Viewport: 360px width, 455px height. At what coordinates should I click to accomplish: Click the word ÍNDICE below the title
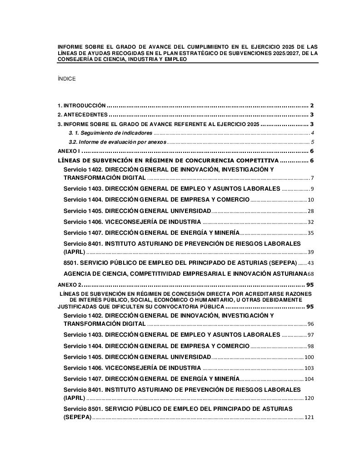pyautogui.click(x=66, y=79)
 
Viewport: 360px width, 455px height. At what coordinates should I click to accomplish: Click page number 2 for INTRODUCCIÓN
pyautogui.click(x=312, y=104)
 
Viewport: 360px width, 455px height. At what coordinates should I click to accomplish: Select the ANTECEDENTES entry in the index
pyautogui.click(x=82, y=114)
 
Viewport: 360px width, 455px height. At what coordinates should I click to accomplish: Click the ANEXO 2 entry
pyautogui.click(x=70, y=284)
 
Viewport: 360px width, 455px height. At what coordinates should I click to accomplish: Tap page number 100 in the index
pyautogui.click(x=310, y=357)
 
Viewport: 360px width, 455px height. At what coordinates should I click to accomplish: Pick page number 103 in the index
pyautogui.click(x=310, y=368)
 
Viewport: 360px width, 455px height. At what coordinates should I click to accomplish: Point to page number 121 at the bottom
pyautogui.click(x=310, y=417)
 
